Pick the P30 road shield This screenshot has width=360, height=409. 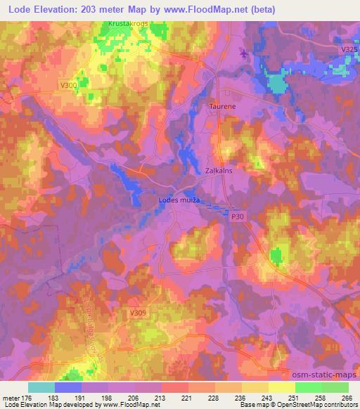pos(238,217)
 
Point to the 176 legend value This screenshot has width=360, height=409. pos(28,398)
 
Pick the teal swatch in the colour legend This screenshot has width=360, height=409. pos(41,387)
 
